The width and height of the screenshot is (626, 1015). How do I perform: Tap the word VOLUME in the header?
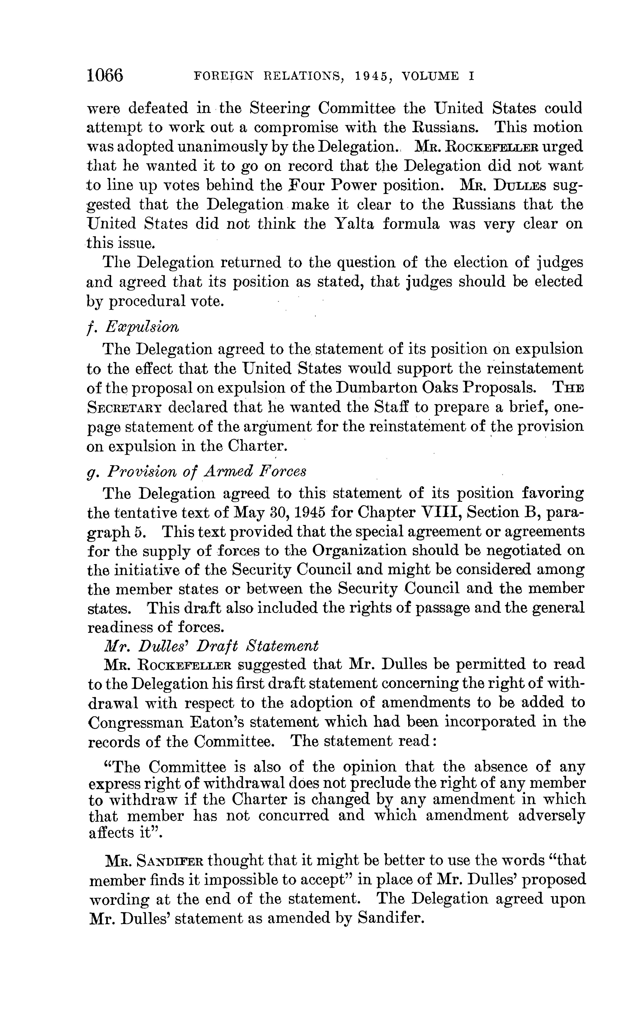click(x=431, y=76)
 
